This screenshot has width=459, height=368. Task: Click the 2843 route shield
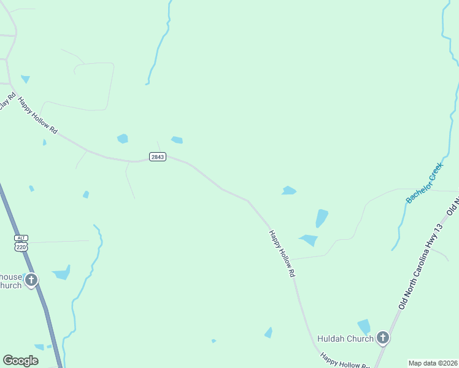tap(158, 157)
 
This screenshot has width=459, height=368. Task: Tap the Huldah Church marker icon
tap(383, 338)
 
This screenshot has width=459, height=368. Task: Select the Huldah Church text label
tap(345, 339)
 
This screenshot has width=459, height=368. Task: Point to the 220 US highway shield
tap(22, 247)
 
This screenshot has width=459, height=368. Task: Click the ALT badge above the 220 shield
tap(22, 238)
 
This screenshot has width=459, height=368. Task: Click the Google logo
tap(20, 361)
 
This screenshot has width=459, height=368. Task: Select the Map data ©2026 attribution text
tap(433, 363)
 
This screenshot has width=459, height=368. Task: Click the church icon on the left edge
tap(31, 281)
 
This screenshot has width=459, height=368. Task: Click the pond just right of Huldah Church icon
tap(364, 327)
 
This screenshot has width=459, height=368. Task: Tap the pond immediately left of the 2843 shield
tap(123, 139)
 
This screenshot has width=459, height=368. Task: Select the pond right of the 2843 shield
tap(177, 140)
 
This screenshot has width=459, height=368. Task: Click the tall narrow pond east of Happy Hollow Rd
tap(322, 218)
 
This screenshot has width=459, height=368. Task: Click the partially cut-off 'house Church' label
tap(10, 281)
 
